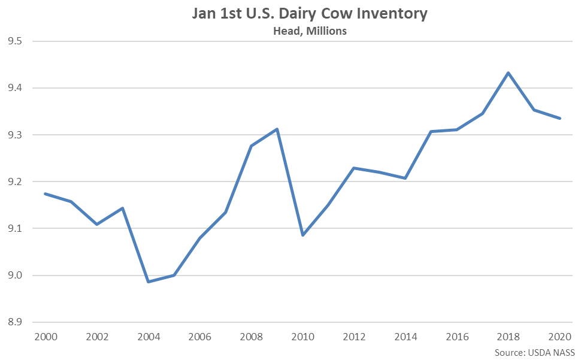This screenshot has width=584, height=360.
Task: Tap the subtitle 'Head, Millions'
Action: point(309,31)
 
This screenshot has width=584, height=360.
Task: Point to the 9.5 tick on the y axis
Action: point(13,41)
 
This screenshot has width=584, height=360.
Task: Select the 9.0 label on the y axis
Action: point(13,276)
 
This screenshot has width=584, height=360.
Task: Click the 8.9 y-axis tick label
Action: point(13,322)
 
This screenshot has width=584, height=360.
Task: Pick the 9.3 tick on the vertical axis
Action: point(13,135)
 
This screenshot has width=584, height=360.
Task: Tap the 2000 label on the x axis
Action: point(46,337)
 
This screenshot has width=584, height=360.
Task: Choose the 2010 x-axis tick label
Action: point(303,337)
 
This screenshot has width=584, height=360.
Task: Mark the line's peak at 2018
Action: point(509,73)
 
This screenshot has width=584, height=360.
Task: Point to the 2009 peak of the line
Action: point(277,129)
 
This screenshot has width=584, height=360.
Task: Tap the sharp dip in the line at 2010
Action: point(303,235)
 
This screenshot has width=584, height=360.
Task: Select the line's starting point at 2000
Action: point(46,193)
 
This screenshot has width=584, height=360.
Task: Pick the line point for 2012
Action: point(354,168)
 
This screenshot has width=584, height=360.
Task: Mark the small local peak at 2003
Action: point(123,208)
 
